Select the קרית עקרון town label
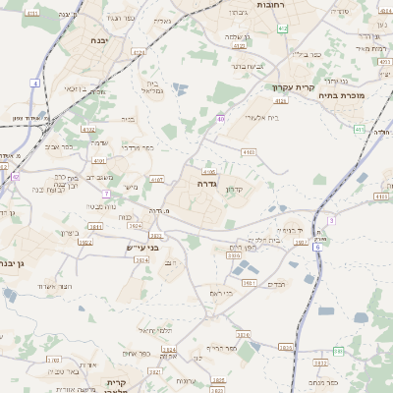click(289, 86)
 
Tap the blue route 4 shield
click(34, 84)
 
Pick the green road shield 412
click(283, 29)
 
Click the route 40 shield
click(220, 119)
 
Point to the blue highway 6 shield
click(317, 247)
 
